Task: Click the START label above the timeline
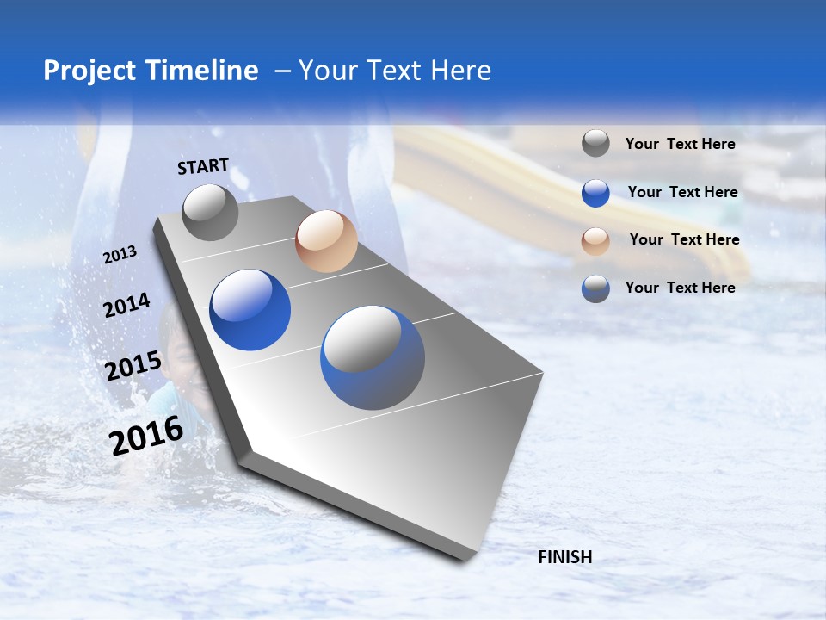coord(203,166)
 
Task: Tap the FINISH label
coord(565,557)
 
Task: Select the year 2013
coord(120,255)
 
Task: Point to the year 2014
coord(126,306)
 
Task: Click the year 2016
coord(146,436)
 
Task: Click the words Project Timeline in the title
coord(151,71)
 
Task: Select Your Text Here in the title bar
coord(395,71)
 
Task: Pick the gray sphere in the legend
coord(595,143)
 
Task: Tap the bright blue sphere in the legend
coord(595,193)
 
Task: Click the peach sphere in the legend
coord(595,241)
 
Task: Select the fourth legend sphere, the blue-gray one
coord(595,288)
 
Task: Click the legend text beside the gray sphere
coord(681,145)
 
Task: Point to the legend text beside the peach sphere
coord(685,239)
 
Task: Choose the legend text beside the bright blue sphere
coord(683,192)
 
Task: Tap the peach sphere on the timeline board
coord(326,242)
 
